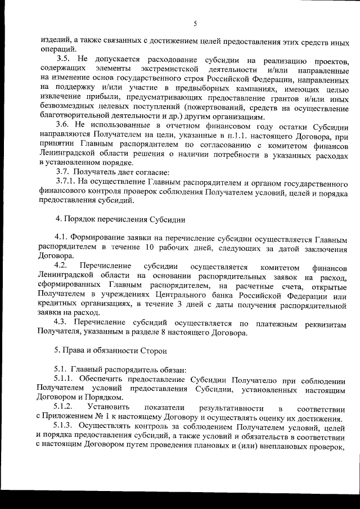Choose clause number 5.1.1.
tap(66, 379)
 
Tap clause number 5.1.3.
tap(66, 428)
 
